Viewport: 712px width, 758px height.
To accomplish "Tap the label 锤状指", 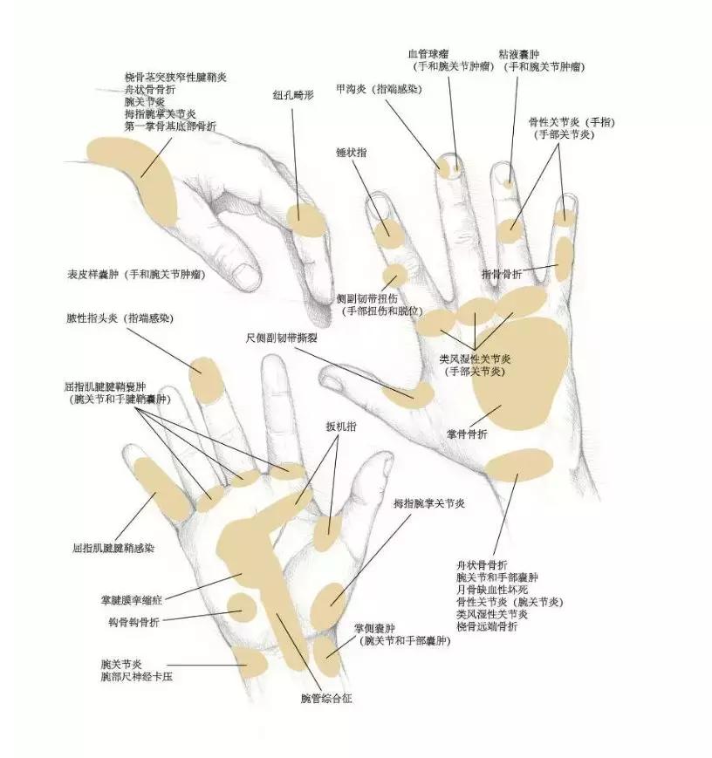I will coord(351,152).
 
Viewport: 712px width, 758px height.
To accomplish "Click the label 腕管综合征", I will coord(326,698).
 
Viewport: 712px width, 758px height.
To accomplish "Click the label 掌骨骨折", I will coord(467,434).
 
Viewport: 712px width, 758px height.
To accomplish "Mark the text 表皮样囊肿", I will coord(95,274).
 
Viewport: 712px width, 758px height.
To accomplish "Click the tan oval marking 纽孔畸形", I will coord(306,219).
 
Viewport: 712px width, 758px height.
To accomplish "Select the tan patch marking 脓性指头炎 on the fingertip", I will coord(205,379).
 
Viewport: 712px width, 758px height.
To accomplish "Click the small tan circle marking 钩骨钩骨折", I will coord(242,605).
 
